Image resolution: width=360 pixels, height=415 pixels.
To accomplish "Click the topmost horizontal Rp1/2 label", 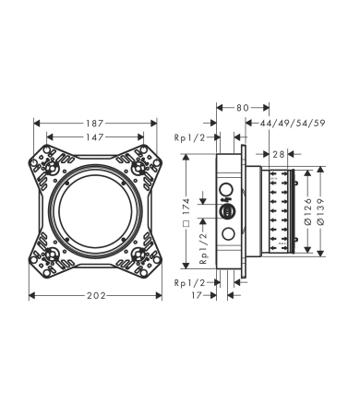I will pos(189,136).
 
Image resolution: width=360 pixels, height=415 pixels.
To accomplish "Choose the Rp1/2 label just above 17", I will pos(189,282).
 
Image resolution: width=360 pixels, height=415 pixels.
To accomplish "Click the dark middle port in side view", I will pos(227,210).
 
